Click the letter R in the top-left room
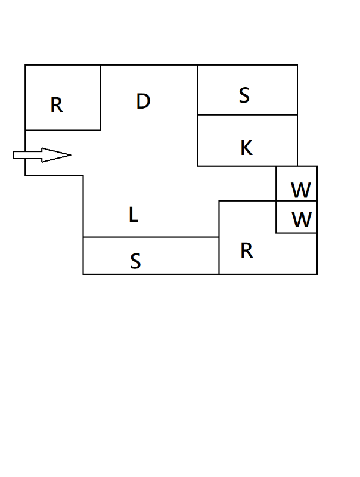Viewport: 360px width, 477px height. tap(57, 106)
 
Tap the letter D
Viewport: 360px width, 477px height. tap(143, 101)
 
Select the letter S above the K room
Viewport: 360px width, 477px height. tap(244, 95)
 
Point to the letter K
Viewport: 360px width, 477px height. tap(246, 148)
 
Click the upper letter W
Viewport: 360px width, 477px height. tap(301, 191)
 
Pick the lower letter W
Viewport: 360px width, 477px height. tap(302, 221)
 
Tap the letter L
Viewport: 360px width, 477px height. tap(134, 215)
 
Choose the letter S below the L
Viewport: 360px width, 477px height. tap(135, 261)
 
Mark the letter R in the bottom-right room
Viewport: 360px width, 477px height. tap(247, 251)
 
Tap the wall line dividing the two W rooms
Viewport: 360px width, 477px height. tap(296, 201)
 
